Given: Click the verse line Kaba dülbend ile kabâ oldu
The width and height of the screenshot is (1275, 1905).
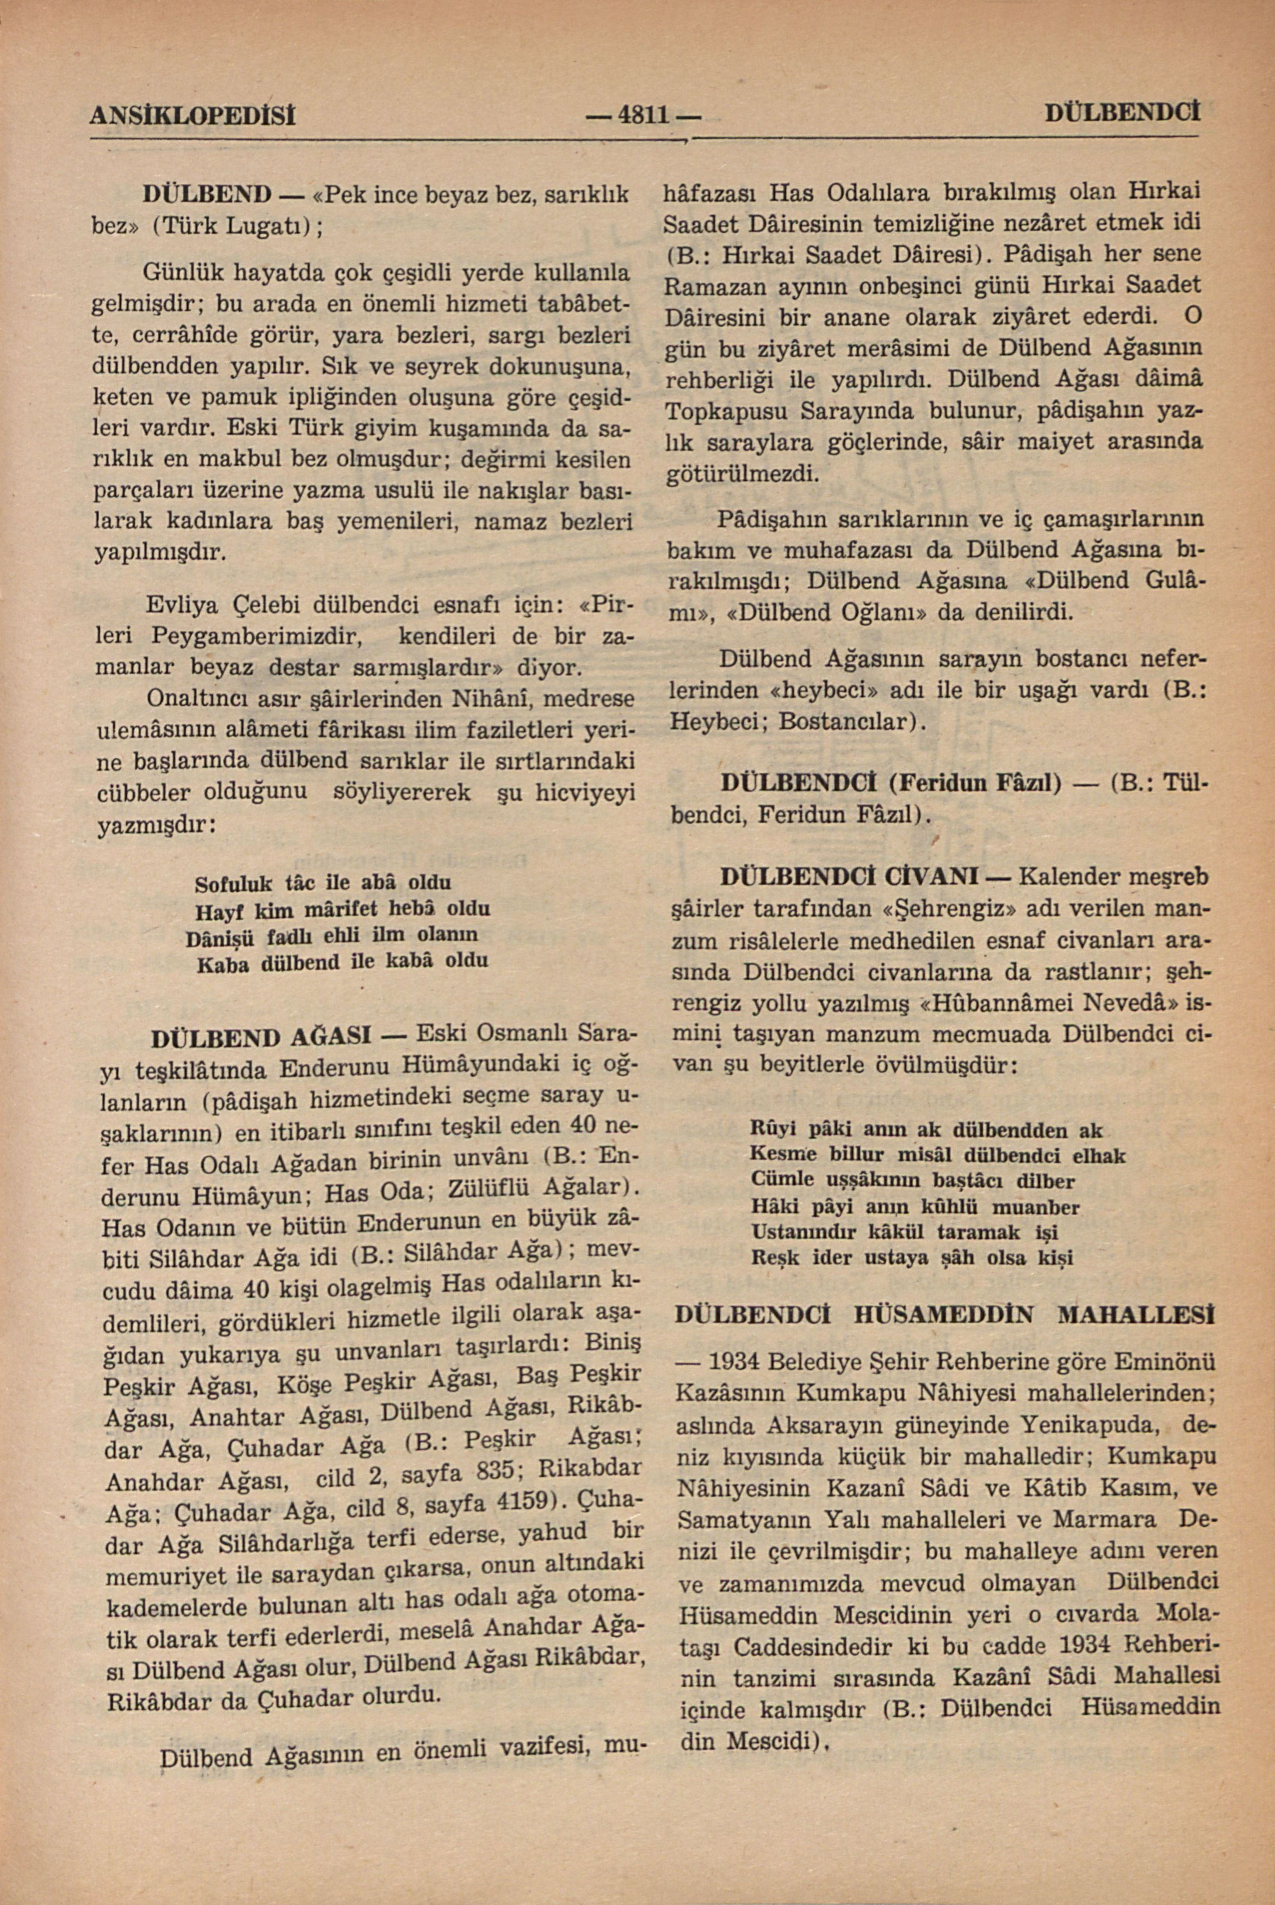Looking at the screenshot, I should point(342,961).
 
